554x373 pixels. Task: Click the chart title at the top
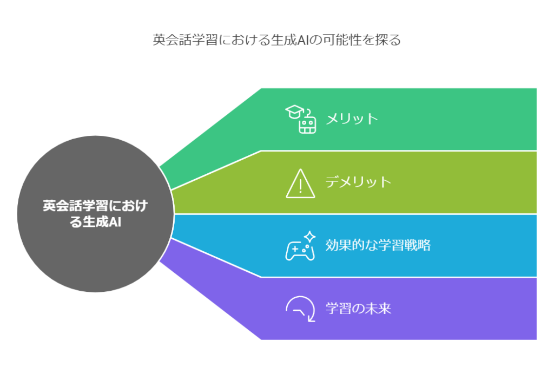276,40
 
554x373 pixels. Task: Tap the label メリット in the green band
352,119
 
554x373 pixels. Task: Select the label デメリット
358,182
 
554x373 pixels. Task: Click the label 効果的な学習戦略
378,245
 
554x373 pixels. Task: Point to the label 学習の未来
358,308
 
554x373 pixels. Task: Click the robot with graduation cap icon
301,119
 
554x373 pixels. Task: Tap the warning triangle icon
300,184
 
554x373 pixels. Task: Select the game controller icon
300,250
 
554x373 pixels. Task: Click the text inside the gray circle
95,214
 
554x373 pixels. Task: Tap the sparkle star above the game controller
310,237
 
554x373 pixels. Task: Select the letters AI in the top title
303,40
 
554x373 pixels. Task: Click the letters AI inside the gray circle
115,223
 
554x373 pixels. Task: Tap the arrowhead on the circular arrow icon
311,319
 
